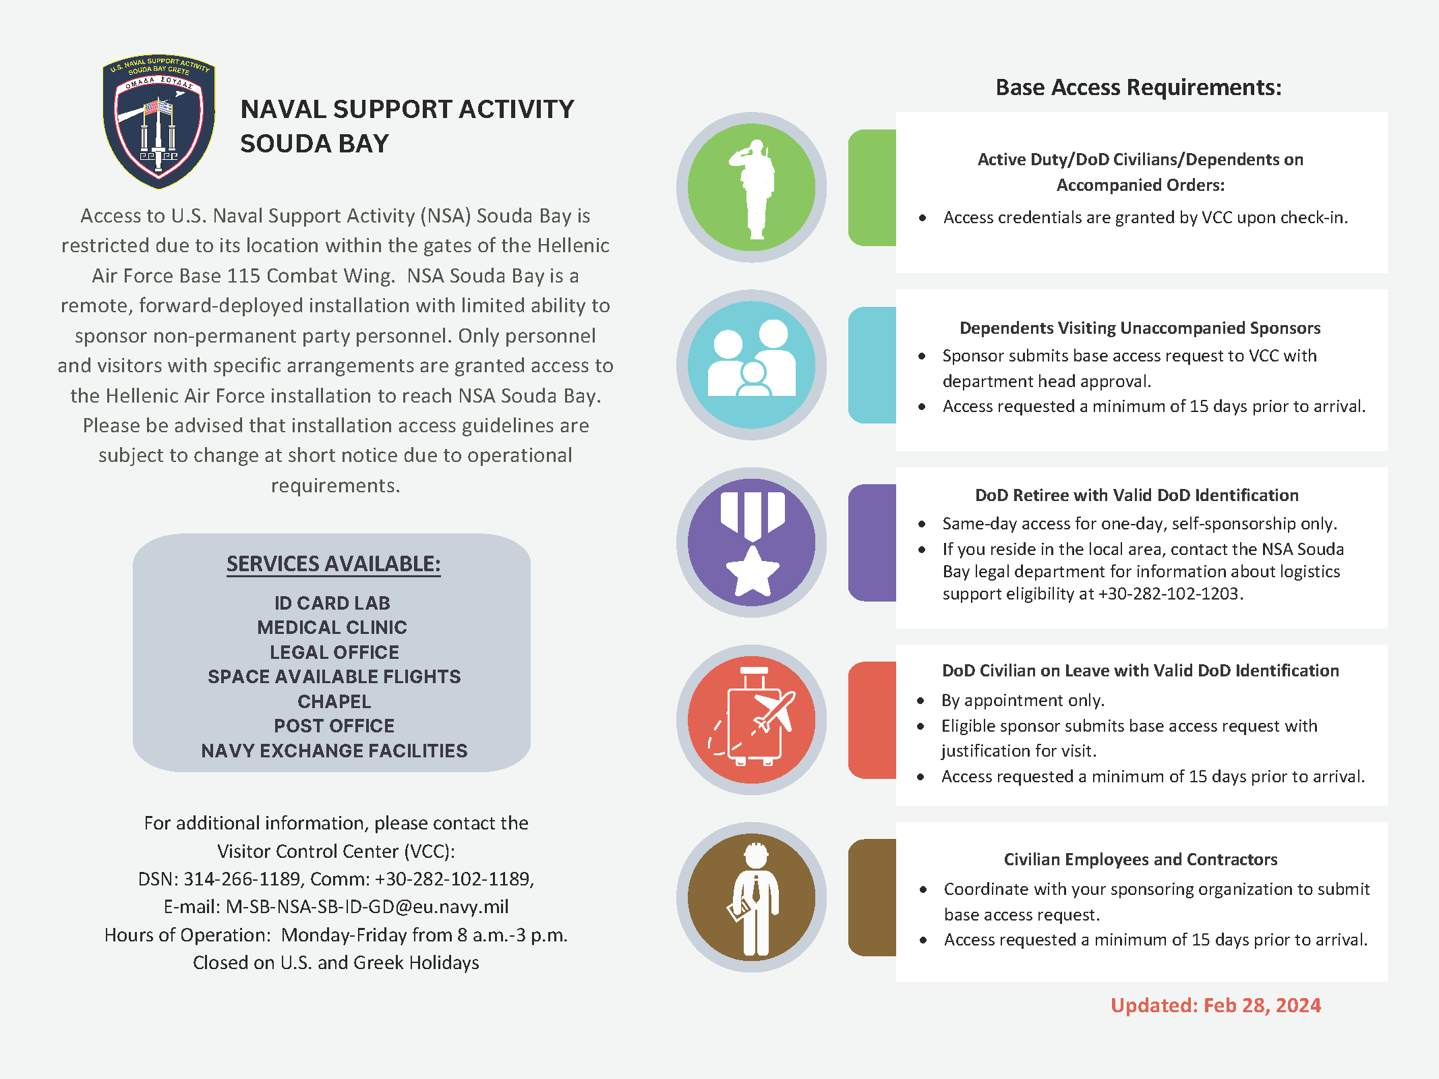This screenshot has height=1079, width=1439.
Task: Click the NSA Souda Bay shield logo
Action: [x=159, y=121]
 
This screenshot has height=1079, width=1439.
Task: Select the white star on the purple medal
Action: [x=752, y=572]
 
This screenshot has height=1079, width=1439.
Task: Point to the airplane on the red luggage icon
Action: [x=775, y=711]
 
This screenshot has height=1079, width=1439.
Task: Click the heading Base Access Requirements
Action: [x=1138, y=88]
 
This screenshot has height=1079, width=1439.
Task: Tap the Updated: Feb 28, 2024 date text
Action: [x=1215, y=1005]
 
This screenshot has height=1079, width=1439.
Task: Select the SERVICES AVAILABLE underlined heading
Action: [x=333, y=564]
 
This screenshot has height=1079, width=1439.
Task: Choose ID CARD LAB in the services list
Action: [x=332, y=603]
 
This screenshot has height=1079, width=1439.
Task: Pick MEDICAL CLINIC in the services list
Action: [x=332, y=627]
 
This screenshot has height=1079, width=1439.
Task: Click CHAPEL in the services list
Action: [x=334, y=701]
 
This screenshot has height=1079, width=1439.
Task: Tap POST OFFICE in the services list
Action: [x=334, y=726]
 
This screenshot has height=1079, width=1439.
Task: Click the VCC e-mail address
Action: [x=367, y=906]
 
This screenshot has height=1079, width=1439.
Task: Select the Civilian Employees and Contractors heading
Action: [x=1140, y=859]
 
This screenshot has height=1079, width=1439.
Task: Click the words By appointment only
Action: [x=1022, y=700]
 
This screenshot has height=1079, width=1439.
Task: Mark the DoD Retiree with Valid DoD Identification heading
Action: [x=1136, y=495]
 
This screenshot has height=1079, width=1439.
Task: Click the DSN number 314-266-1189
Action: [x=241, y=879]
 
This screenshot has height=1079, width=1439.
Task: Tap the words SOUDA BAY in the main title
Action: [x=314, y=144]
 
